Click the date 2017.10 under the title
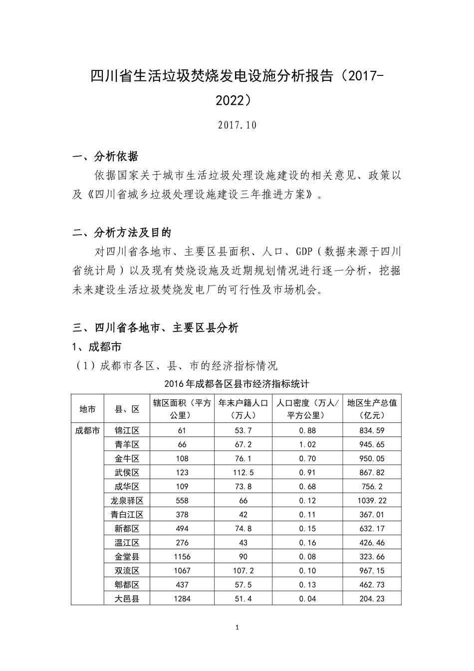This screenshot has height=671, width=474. [x=237, y=125]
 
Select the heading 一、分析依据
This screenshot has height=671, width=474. [x=105, y=157]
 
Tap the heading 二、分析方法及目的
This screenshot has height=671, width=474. [x=122, y=233]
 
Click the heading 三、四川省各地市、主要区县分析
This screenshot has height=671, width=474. [x=155, y=328]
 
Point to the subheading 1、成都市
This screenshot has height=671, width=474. [x=97, y=346]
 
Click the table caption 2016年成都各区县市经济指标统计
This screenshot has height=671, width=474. [x=237, y=384]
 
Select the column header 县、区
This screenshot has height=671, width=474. [x=127, y=409]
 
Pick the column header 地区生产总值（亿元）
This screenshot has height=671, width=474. [x=372, y=409]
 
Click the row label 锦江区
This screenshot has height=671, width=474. [x=127, y=430]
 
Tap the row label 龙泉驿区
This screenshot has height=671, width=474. [x=127, y=500]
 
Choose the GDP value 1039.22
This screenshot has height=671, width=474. [x=372, y=500]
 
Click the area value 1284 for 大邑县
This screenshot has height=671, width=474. [x=182, y=598]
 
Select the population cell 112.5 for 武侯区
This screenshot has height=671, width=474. [x=243, y=472]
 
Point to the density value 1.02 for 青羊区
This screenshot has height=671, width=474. [x=307, y=444]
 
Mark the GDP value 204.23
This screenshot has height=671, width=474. [x=372, y=598]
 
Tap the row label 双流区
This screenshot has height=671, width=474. [x=127, y=570]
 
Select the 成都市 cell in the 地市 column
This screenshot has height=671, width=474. [x=87, y=430]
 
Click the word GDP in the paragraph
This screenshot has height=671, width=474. [x=304, y=251]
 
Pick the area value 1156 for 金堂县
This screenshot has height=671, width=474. [x=182, y=556]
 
